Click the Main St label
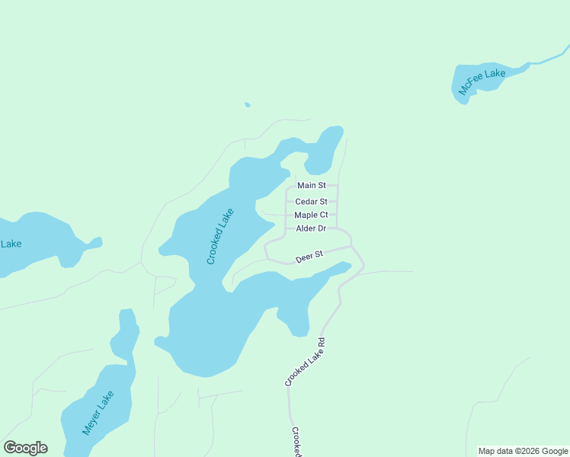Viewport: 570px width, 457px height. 311,185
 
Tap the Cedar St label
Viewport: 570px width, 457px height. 311,202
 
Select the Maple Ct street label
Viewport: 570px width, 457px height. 311,215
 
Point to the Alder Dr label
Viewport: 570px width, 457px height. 311,228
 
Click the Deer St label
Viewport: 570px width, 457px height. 309,256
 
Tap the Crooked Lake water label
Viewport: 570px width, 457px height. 219,236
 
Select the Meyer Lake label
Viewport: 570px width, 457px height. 98,412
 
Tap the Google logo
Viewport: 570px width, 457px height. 25,448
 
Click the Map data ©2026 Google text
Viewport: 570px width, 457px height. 523,451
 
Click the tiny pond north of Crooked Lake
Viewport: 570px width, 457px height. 247,104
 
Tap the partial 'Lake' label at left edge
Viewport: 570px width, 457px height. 11,244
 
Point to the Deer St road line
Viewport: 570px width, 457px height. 335,249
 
